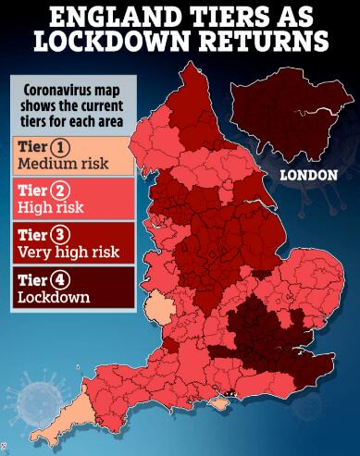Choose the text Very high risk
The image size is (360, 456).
pyautogui.click(x=69, y=251)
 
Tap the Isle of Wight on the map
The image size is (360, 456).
pyautogui.click(x=221, y=400)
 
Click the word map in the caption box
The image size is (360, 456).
pyautogui.click(x=121, y=90)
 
